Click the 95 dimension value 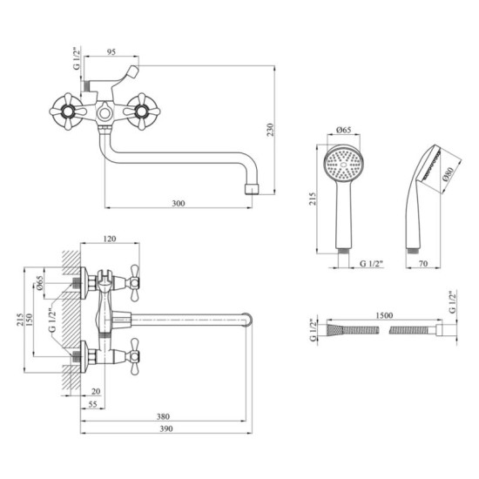[111, 52]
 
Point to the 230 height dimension [271, 130]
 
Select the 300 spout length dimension [179, 203]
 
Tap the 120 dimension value [110, 239]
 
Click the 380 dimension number [163, 416]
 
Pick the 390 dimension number [166, 428]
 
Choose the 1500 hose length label [384, 315]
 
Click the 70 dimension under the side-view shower [422, 263]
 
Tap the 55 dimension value [92, 404]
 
